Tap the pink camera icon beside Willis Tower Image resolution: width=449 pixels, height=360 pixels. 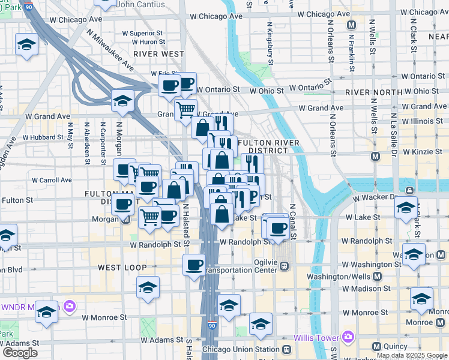click(x=347, y=337)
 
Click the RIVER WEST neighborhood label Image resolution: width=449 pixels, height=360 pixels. click(x=158, y=54)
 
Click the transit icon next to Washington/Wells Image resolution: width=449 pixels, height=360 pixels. click(x=377, y=277)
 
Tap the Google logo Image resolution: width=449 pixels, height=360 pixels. click(x=20, y=353)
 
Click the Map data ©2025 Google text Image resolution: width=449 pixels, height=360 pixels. click(x=411, y=356)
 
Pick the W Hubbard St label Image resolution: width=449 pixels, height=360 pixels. click(x=43, y=137)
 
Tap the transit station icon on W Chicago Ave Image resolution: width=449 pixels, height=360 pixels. click(x=351, y=26)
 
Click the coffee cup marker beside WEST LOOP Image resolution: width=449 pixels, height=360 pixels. click(x=194, y=264)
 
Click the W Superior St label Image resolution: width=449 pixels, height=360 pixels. click(x=142, y=34)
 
